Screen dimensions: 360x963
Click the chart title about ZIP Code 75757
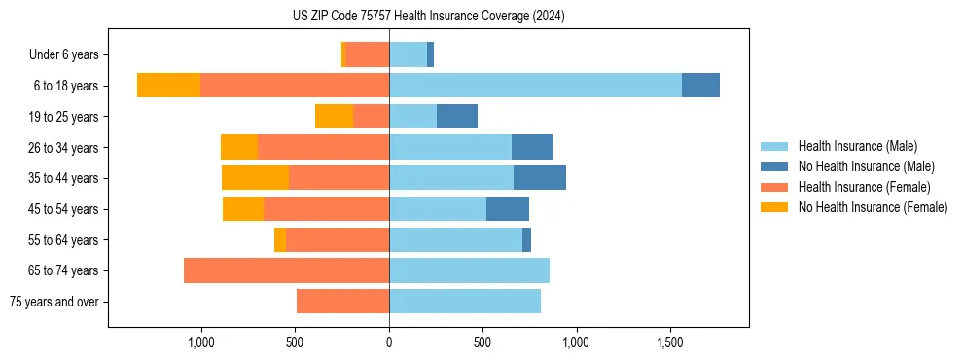428,17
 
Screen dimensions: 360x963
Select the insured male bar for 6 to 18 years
535,86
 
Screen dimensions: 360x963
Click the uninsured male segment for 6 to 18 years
700,86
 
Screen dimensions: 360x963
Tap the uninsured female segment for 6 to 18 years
168,86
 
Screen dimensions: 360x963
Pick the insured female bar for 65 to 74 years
286,270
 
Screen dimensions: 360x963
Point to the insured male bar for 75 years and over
465,302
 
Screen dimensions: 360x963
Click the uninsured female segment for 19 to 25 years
334,117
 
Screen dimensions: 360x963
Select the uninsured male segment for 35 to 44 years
540,178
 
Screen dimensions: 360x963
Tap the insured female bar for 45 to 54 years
326,209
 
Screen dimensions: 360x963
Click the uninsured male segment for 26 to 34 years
532,147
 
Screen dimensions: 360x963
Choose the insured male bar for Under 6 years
408,54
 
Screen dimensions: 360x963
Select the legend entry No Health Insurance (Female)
873,207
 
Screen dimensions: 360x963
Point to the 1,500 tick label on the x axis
670,343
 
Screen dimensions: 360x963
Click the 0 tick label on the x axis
389,343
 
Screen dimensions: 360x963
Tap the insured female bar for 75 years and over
342,302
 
